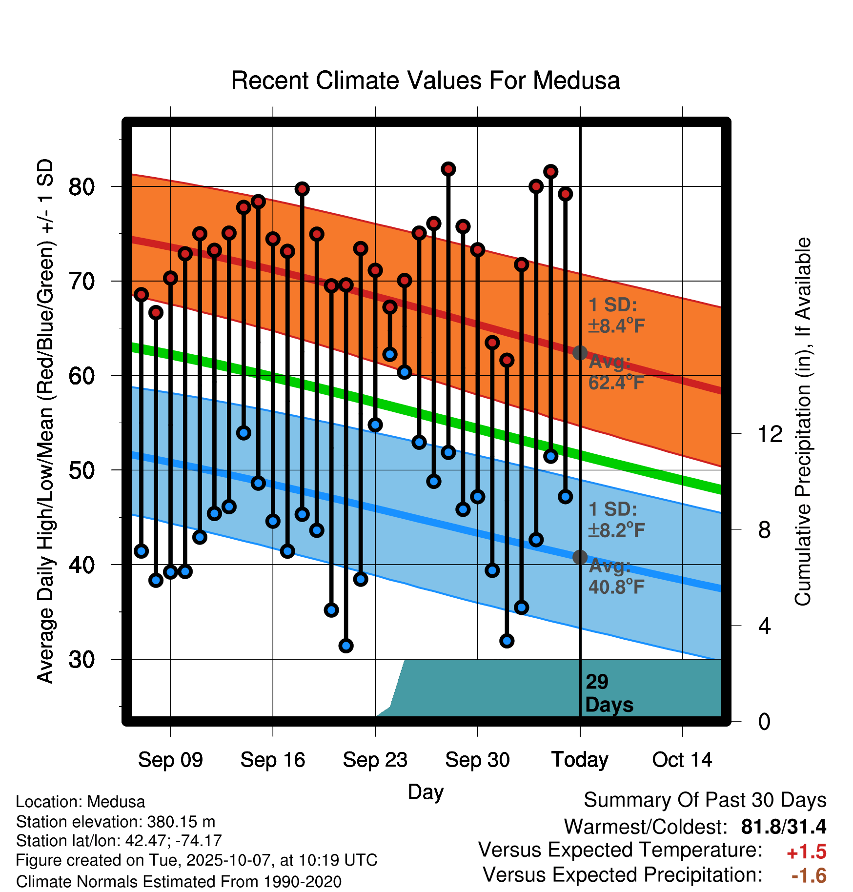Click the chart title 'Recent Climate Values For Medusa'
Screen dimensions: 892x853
[x=426, y=81]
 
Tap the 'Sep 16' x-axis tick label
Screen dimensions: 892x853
[x=272, y=760]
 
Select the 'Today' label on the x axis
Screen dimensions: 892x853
[x=580, y=760]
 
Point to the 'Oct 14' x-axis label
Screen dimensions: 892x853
[x=682, y=760]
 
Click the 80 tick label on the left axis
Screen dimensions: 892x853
[x=82, y=186]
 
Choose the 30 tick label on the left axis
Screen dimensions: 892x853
[x=82, y=659]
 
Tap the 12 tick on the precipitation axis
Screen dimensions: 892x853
[x=770, y=434]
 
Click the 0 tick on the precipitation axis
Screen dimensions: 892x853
[x=764, y=721]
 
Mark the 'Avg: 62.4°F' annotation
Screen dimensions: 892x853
[x=616, y=372]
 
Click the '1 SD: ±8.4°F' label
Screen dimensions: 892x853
[x=616, y=315]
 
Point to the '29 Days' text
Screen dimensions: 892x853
[x=609, y=693]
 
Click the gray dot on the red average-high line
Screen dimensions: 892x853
[x=580, y=352]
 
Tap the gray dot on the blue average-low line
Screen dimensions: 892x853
[x=580, y=557]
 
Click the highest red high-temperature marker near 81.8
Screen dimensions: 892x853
[x=448, y=169]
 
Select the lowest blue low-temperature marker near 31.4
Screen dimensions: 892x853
[x=346, y=646]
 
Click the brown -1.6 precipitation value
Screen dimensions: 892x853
[x=809, y=875]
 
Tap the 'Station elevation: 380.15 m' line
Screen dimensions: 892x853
[x=116, y=822]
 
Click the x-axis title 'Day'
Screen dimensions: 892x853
[x=426, y=791]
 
